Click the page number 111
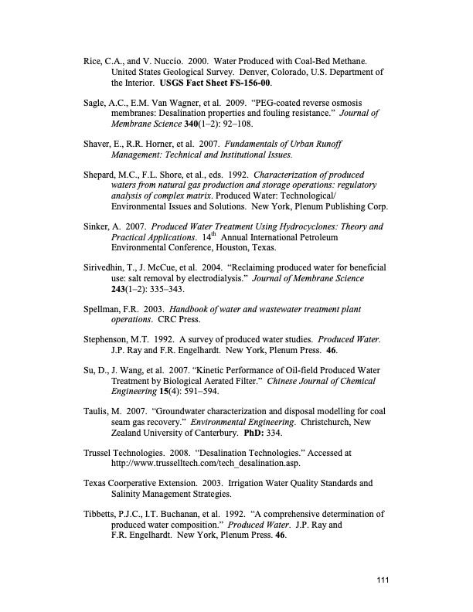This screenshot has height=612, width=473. (x=380, y=582)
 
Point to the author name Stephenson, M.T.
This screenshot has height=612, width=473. (x=118, y=361)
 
